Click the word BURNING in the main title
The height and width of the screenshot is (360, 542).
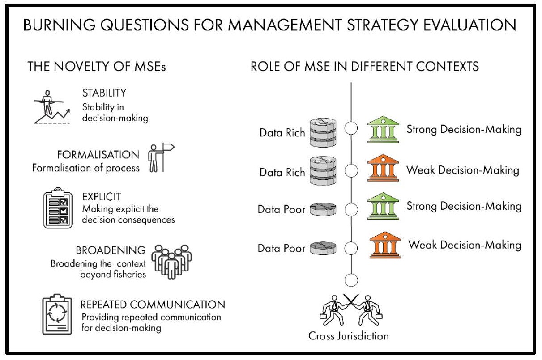pyautogui.click(x=59, y=25)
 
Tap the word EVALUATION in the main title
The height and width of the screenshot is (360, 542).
pyautogui.click(x=470, y=25)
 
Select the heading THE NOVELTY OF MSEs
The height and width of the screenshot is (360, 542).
pyautogui.click(x=97, y=66)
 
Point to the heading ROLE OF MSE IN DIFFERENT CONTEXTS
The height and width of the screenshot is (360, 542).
pyautogui.click(x=365, y=66)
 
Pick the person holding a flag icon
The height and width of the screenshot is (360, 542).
pyautogui.click(x=161, y=157)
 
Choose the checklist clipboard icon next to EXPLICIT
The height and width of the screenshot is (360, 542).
pyautogui.click(x=58, y=208)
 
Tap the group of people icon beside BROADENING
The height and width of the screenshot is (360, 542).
pyautogui.click(x=171, y=262)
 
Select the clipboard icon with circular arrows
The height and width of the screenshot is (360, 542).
pyautogui.click(x=57, y=314)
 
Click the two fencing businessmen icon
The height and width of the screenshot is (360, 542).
pyautogui.click(x=351, y=310)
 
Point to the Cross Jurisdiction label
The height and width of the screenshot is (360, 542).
pyautogui.click(x=348, y=336)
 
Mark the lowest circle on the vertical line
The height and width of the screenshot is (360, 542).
pyautogui.click(x=351, y=274)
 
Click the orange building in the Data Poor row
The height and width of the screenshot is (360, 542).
pyautogui.click(x=385, y=245)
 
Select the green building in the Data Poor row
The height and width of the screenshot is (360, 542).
pyautogui.click(x=383, y=206)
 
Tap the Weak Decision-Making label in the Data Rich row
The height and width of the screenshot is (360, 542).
pyautogui.click(x=463, y=170)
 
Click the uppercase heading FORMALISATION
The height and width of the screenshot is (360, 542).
pyautogui.click(x=98, y=155)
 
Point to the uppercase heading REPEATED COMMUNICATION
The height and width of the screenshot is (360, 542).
pyautogui.click(x=153, y=305)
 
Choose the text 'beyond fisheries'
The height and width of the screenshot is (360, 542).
pyautogui.click(x=113, y=275)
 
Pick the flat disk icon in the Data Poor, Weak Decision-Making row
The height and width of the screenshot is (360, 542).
pyautogui.click(x=323, y=248)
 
